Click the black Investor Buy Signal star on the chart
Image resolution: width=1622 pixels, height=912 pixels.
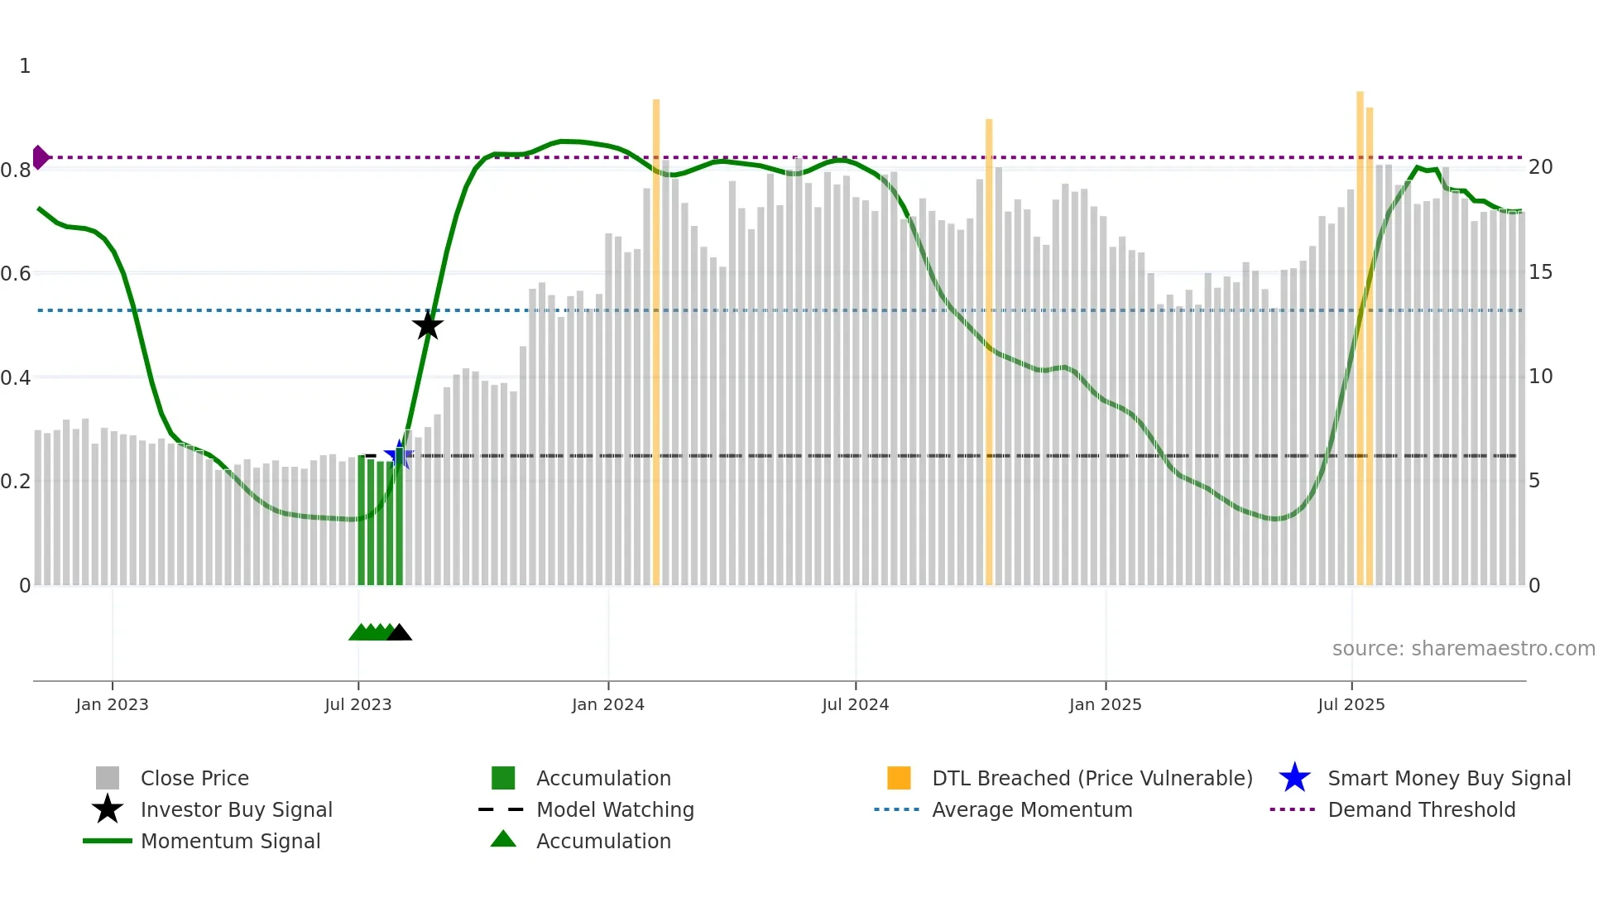pyautogui.click(x=428, y=325)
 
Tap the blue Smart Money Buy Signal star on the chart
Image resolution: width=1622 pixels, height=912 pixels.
pyautogui.click(x=399, y=455)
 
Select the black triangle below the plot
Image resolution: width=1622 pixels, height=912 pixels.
pyautogui.click(x=400, y=633)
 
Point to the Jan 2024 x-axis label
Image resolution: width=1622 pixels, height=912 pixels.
pyautogui.click(x=607, y=705)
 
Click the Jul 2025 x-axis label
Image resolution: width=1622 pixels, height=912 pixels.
pyautogui.click(x=1351, y=705)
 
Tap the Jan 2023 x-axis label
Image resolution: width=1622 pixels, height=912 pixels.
pyautogui.click(x=112, y=705)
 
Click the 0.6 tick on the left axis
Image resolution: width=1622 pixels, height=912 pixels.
pyautogui.click(x=16, y=274)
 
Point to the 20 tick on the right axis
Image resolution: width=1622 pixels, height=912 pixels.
pyautogui.click(x=1540, y=167)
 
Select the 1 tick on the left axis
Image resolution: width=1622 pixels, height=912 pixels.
pyautogui.click(x=25, y=66)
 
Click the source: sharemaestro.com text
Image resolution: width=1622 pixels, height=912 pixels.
pyautogui.click(x=1463, y=649)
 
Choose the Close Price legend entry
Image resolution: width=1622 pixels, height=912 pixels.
pyautogui.click(x=194, y=779)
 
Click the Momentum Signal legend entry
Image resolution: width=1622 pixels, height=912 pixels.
pyautogui.click(x=230, y=842)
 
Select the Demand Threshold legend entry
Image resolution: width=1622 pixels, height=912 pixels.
pyautogui.click(x=1421, y=810)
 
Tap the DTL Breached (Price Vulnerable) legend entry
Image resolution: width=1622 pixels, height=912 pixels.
pyautogui.click(x=1092, y=779)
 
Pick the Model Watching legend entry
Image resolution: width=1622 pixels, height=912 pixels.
pyautogui.click(x=615, y=810)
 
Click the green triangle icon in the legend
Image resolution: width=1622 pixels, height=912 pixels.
pyautogui.click(x=503, y=840)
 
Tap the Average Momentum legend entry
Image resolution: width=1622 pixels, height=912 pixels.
pyautogui.click(x=1031, y=810)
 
